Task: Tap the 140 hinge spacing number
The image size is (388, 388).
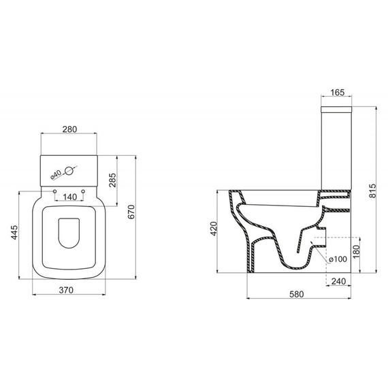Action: (69, 197)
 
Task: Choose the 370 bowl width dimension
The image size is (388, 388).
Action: (69, 291)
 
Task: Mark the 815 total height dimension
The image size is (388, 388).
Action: (372, 191)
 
